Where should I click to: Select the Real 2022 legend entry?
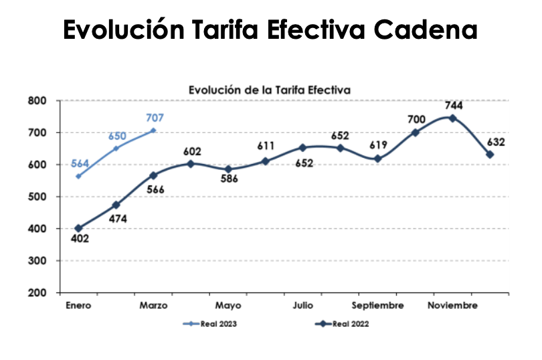coord(342,324)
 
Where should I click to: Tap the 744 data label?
coord(452,105)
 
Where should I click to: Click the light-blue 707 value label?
coord(155,118)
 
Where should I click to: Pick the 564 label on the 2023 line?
coord(80,164)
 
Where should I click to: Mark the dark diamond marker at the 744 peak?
coord(452,118)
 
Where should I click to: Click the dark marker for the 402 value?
coord(79,228)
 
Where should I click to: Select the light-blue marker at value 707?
coord(153,130)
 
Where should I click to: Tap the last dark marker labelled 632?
coord(490,155)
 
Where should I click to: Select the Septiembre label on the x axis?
coord(377,306)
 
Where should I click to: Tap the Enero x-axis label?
coord(78,306)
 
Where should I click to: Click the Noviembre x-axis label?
coord(453,306)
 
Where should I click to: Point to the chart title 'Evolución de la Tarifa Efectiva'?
coord(270,89)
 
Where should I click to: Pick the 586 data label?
coord(228,179)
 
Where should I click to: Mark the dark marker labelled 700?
coord(415,132)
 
